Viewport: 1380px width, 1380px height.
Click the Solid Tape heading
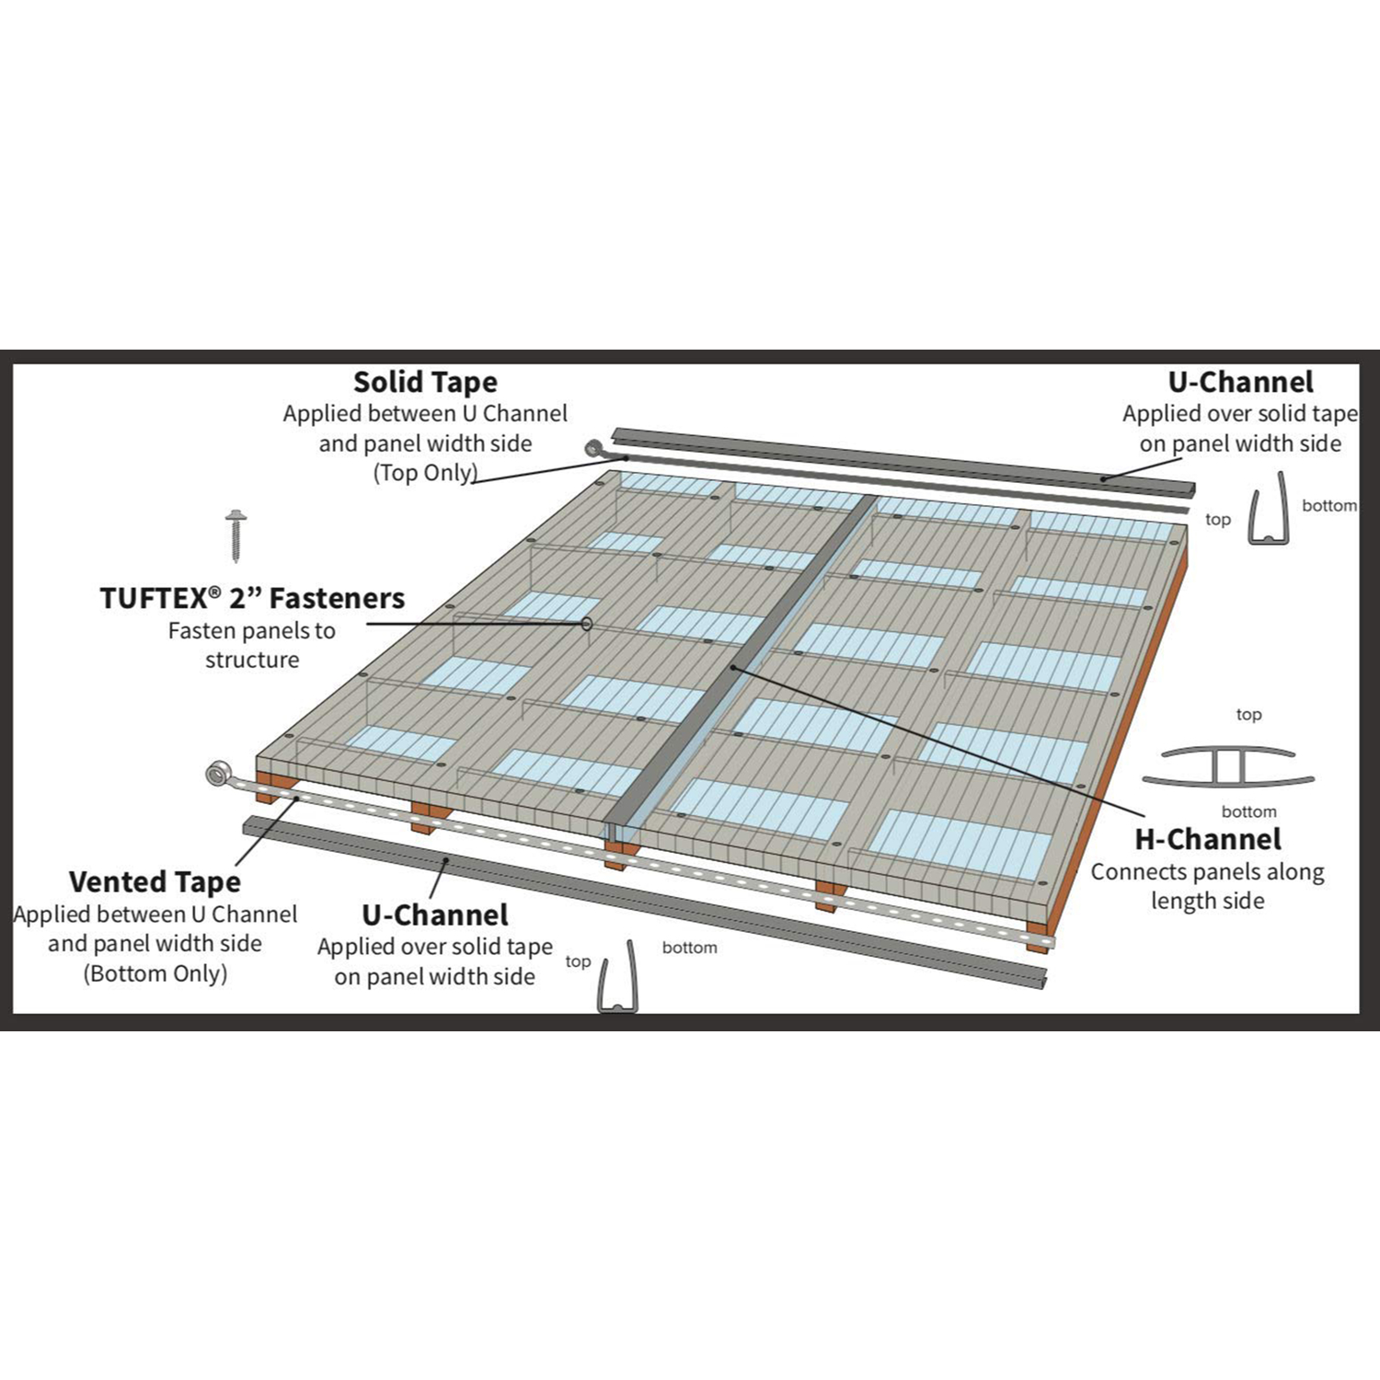coord(425,382)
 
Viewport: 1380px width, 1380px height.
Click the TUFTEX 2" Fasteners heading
coord(252,598)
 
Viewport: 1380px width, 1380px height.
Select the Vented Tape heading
coord(155,881)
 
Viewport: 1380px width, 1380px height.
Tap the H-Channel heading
coord(1208,839)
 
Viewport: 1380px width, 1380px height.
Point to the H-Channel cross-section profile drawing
coord(1228,765)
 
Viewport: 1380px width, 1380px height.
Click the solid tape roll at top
coord(593,449)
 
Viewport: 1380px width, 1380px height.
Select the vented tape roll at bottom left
coord(218,774)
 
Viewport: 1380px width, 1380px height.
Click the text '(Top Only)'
coord(425,473)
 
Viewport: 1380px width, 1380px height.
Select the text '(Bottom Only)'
coord(155,973)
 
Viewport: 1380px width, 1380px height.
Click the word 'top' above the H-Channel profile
coord(1248,715)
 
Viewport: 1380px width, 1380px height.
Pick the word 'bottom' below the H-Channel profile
coord(1248,811)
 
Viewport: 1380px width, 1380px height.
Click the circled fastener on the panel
coord(586,624)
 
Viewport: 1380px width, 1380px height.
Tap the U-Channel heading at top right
coord(1241,382)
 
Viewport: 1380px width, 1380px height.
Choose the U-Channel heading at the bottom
coord(435,914)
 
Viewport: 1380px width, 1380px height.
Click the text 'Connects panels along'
coord(1208,872)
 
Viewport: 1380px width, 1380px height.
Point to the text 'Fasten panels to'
coord(252,631)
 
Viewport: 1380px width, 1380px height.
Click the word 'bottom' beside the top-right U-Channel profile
coord(1329,505)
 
